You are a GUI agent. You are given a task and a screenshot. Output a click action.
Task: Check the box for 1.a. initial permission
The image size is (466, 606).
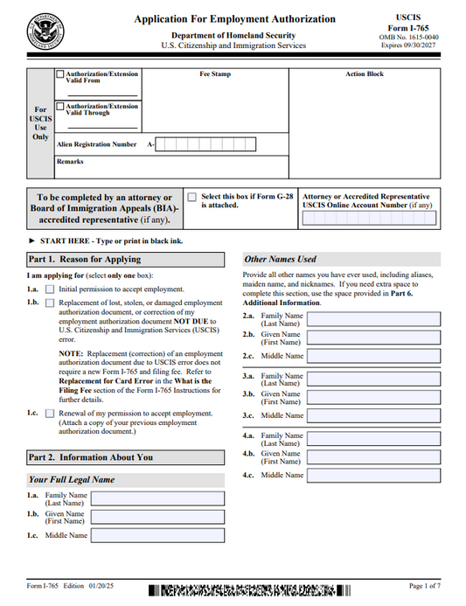tap(50, 289)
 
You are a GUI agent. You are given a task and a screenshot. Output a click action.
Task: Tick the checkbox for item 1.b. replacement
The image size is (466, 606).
tap(50, 303)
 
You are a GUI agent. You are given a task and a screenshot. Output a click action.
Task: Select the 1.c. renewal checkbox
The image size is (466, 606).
tap(50, 414)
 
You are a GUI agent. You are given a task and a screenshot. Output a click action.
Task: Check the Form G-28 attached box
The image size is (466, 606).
tap(191, 198)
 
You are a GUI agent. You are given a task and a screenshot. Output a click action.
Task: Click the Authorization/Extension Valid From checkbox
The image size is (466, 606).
tap(59, 75)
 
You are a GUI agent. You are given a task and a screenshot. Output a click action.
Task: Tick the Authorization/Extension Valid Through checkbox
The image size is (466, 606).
tap(59, 107)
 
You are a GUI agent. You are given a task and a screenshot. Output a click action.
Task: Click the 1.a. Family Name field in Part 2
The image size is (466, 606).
tap(157, 498)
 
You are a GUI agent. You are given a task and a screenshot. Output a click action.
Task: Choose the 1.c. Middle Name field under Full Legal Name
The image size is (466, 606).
tap(157, 535)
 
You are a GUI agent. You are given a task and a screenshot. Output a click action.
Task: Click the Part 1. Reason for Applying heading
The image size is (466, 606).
tap(84, 260)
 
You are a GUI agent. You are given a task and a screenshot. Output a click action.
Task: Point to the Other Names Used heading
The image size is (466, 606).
tap(281, 260)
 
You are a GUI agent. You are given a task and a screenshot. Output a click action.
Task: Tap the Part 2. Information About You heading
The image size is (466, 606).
tap(90, 456)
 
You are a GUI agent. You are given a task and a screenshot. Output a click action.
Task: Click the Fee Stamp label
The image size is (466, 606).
tap(215, 75)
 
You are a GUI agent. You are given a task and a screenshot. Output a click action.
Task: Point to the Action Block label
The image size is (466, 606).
tap(364, 75)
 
